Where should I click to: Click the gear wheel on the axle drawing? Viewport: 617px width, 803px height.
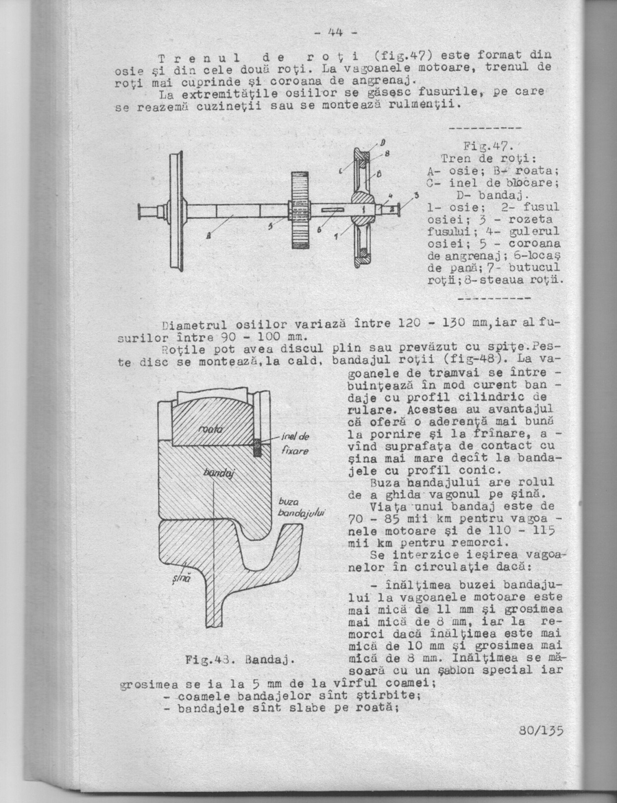pos(300,210)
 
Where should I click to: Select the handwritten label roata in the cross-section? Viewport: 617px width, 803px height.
pos(208,428)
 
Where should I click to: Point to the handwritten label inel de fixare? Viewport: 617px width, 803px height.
pos(295,445)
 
